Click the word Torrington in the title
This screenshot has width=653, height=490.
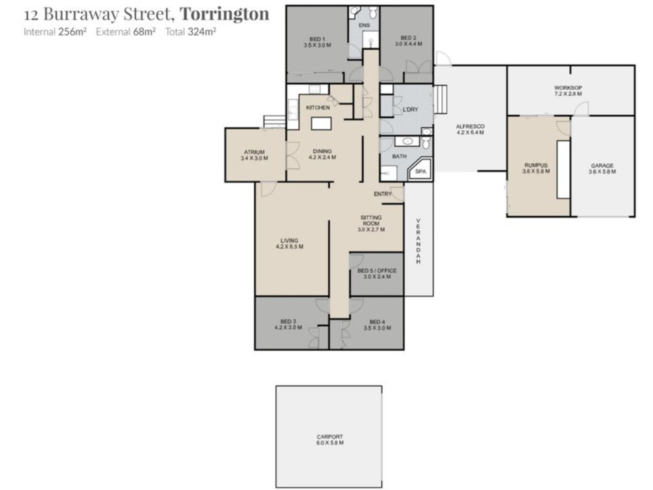(224, 14)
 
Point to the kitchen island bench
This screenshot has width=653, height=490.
(321, 123)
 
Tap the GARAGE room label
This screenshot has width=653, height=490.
(602, 166)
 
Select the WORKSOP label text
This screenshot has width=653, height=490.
(568, 88)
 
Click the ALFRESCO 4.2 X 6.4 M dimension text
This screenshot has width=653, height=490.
(470, 132)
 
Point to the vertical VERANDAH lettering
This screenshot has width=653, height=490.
(418, 241)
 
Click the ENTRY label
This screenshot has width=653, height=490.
(383, 194)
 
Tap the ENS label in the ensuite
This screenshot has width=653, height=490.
(364, 25)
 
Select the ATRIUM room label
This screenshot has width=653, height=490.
(254, 152)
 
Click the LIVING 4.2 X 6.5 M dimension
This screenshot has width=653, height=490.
(289, 247)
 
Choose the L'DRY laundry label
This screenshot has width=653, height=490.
(410, 110)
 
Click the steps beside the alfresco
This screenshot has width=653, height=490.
(440, 99)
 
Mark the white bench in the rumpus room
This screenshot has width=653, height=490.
(563, 169)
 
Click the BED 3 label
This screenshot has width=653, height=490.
(288, 322)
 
